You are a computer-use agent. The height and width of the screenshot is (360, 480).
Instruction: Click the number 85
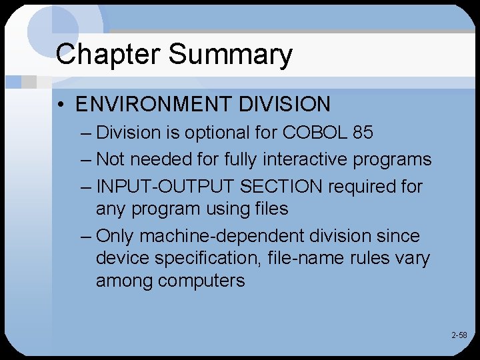[363, 132]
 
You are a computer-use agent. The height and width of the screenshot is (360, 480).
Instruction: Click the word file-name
[312, 257]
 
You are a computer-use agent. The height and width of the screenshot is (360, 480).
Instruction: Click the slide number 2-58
[459, 335]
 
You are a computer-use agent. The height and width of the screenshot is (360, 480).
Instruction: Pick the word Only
[117, 236]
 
